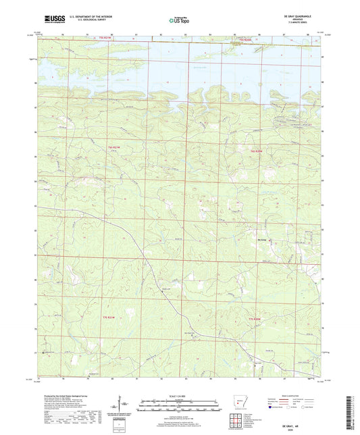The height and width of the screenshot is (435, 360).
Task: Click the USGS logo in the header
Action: point(49,20)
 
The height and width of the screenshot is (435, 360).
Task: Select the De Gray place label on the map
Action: point(263,236)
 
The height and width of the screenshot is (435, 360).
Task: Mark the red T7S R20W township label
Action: point(253,318)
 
